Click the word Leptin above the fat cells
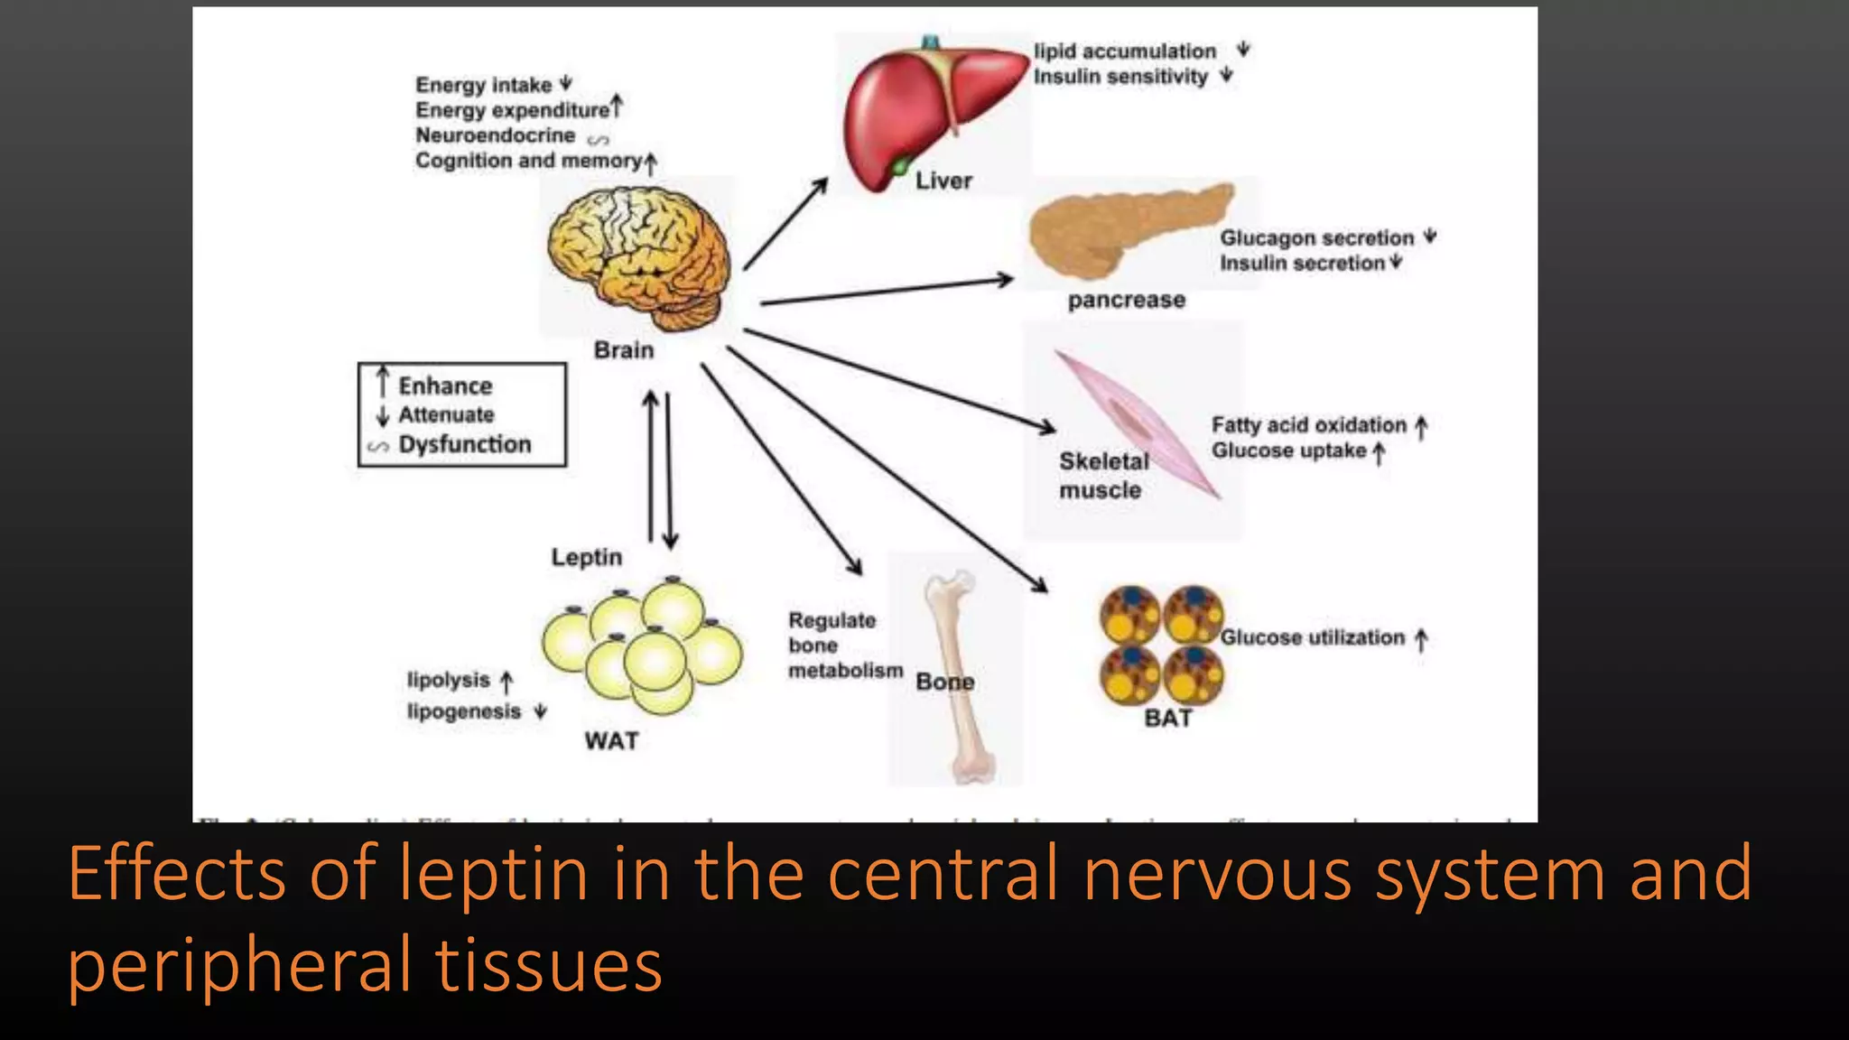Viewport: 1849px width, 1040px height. tap(587, 557)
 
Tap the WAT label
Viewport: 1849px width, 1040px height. tap(611, 741)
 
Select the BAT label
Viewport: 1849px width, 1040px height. tap(1168, 719)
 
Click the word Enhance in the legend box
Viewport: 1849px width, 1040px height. tap(445, 386)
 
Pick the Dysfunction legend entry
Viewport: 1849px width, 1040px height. tap(465, 445)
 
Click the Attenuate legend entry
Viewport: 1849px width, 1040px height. tap(446, 415)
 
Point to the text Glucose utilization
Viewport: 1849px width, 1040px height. tap(1312, 637)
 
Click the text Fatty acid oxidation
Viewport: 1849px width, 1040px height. tap(1308, 425)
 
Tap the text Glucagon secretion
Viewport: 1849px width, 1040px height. tap(1316, 238)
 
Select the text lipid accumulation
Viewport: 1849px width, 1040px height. tap(1124, 51)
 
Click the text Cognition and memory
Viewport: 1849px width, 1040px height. tap(528, 161)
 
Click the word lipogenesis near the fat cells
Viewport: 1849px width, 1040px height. tap(464, 711)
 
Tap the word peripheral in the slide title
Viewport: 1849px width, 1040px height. tap(239, 966)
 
